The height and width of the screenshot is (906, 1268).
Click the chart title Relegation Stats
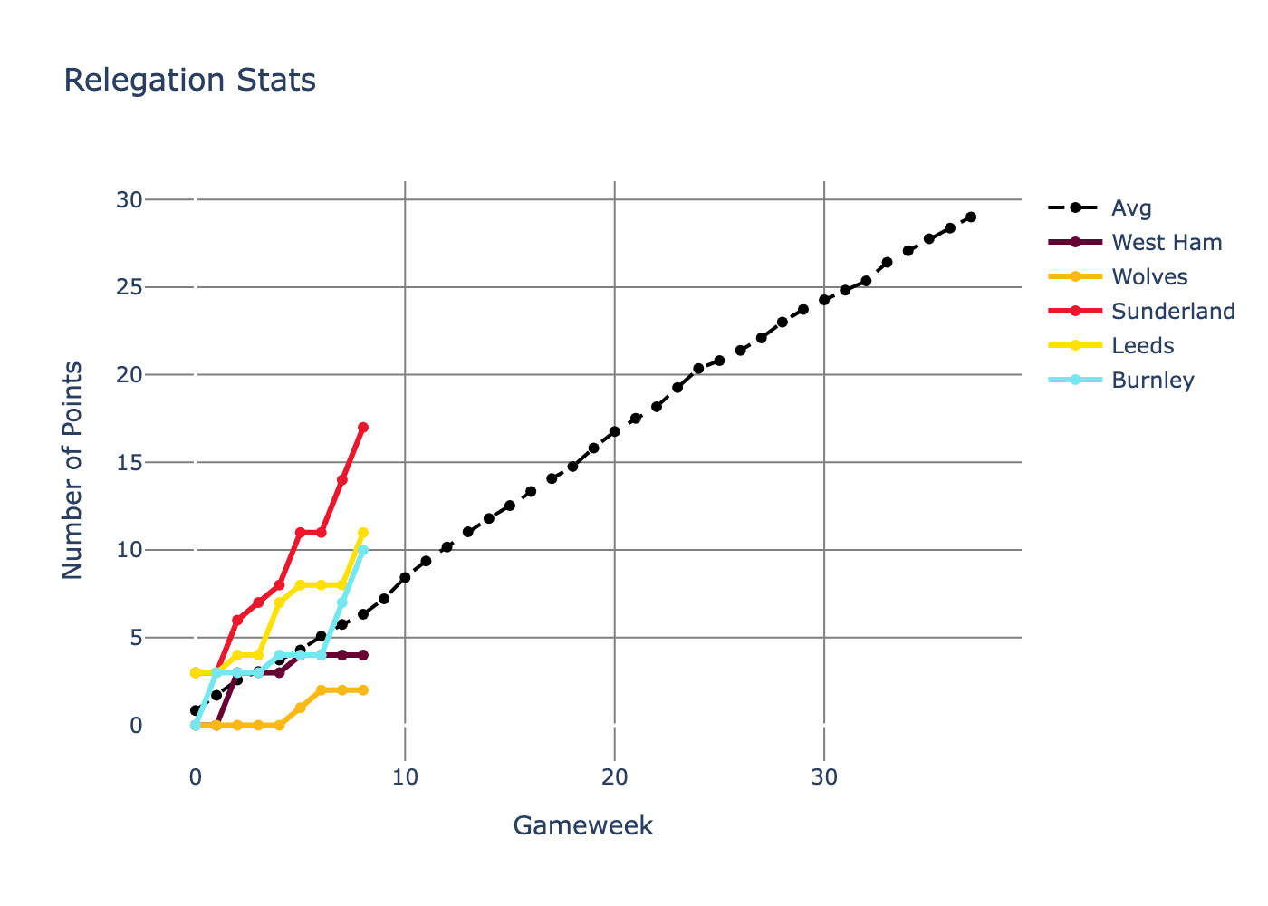pos(190,81)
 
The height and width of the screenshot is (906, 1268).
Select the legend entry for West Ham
pos(1167,243)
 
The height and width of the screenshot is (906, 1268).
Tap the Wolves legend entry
pos(1149,277)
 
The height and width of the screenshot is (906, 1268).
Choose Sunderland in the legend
pos(1173,312)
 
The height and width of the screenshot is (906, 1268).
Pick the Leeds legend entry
pos(1142,346)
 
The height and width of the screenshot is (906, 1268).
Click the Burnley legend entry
pos(1152,381)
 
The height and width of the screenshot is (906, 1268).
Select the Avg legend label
pos(1131,208)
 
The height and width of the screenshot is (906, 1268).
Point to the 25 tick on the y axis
pos(130,287)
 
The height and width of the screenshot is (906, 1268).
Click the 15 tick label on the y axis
pos(130,463)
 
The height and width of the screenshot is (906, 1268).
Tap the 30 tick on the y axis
pos(130,199)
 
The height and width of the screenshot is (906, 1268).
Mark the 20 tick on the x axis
pos(615,777)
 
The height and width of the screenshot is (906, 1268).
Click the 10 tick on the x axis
pos(405,777)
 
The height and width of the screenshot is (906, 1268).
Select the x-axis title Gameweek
pos(583,825)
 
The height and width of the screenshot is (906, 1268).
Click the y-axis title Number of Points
pos(72,470)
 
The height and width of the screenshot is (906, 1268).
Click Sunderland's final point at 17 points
pos(363,427)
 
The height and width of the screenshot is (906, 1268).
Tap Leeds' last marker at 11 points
pos(363,532)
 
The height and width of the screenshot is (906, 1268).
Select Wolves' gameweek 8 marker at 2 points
pos(363,690)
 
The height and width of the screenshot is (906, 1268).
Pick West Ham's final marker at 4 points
pos(363,655)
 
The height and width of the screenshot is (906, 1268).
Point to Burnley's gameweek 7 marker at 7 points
pos(342,602)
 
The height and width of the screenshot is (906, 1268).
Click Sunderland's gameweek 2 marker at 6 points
pos(237,620)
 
